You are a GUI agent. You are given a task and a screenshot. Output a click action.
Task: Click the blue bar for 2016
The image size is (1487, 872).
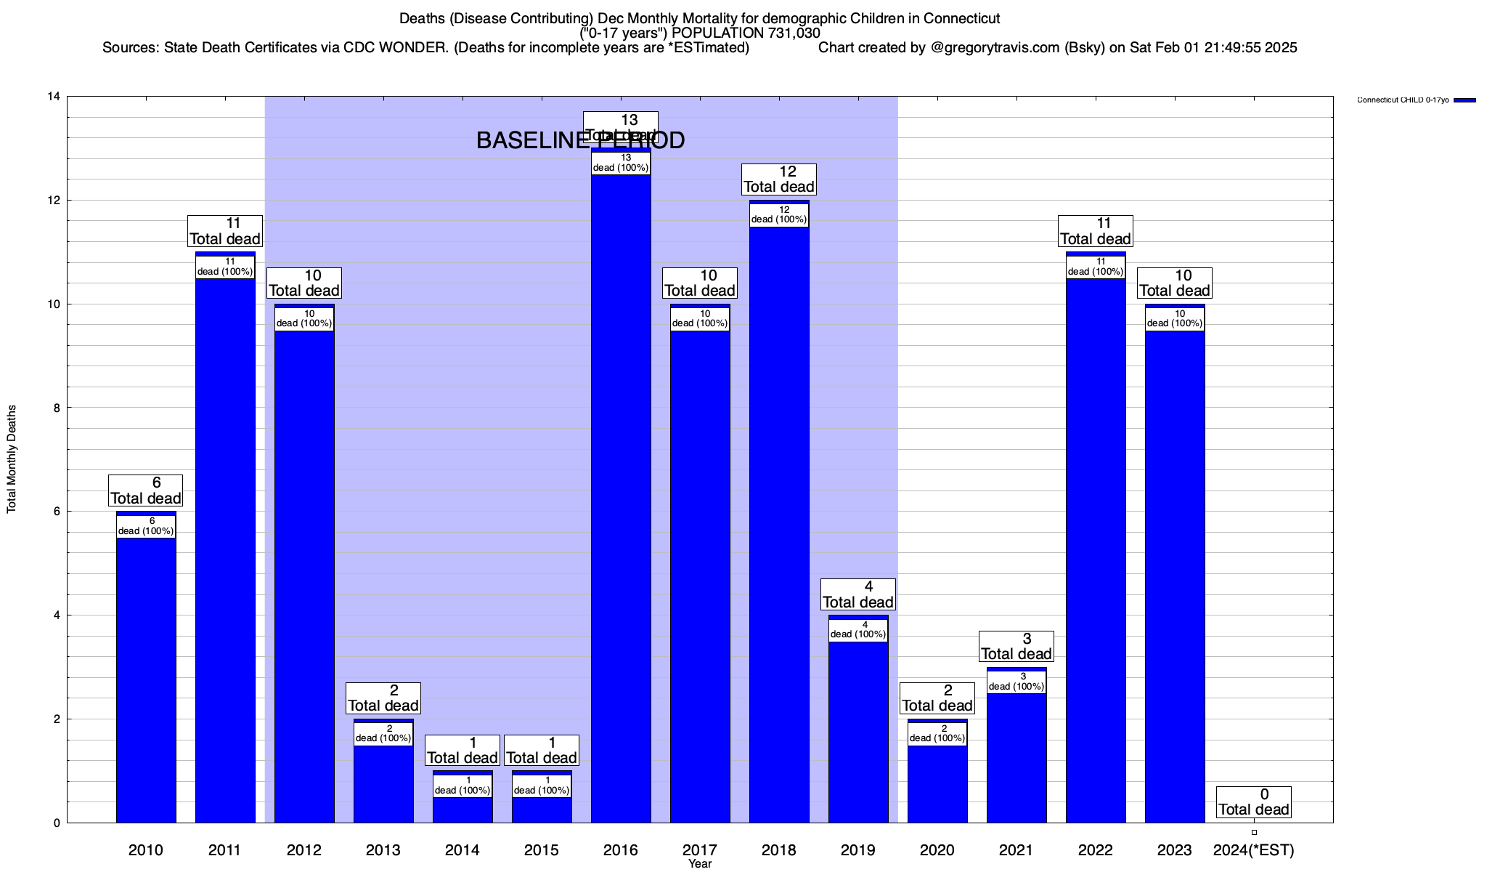(x=621, y=509)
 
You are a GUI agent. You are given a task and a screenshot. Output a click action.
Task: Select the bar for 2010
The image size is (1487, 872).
(x=146, y=676)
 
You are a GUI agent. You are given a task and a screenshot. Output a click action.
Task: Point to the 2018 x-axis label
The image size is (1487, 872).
(x=779, y=850)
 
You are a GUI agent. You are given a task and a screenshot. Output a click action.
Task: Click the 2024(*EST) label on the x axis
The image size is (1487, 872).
(x=1254, y=850)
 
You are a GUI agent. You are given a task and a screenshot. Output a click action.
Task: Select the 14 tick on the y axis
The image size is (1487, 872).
(x=54, y=97)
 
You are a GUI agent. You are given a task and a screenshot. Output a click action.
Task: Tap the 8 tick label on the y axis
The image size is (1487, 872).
(x=56, y=408)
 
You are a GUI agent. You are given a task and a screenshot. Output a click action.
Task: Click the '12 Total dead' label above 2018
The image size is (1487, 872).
(x=779, y=179)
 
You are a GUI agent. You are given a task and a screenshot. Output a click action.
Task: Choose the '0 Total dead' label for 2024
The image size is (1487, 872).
(x=1254, y=802)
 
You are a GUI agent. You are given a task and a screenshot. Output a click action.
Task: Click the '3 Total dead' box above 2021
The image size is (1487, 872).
(x=1017, y=647)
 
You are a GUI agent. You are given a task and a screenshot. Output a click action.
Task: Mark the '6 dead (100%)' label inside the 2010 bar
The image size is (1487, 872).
(x=146, y=526)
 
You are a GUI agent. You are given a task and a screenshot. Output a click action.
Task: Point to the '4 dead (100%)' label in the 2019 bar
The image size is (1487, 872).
(x=858, y=630)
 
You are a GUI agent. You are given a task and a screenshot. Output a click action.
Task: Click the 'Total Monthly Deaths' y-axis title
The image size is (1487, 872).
(x=12, y=459)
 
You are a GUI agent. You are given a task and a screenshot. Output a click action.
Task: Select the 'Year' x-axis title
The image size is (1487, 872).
(x=700, y=864)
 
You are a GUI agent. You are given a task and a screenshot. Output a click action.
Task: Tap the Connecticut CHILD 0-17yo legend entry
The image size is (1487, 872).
(x=1403, y=100)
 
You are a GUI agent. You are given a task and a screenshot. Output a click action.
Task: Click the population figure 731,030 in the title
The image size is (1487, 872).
(x=791, y=33)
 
